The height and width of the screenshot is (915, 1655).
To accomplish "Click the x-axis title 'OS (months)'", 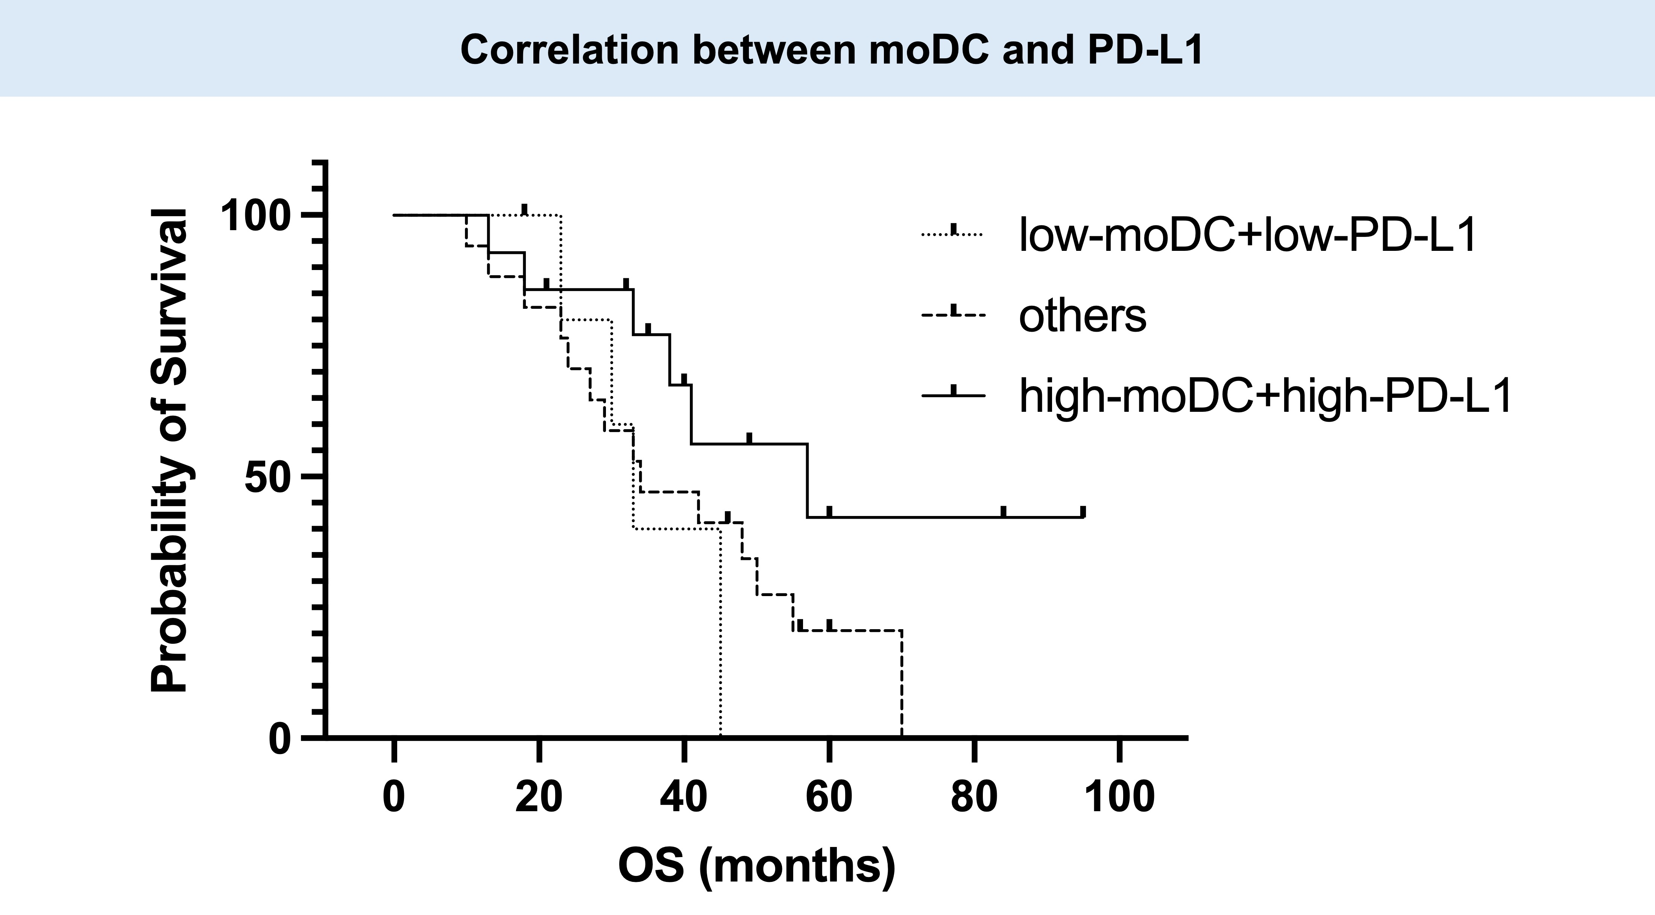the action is click(757, 866).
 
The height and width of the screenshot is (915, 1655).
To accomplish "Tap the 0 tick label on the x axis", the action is click(394, 797).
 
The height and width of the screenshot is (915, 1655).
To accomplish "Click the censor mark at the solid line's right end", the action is click(1083, 511).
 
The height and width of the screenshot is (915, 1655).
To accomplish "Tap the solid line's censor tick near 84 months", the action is click(1004, 511).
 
